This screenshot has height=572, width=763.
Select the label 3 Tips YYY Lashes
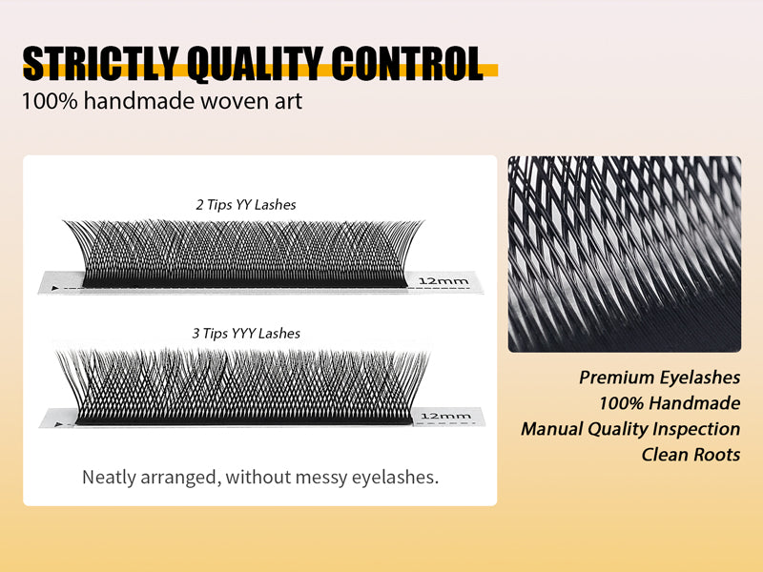[x=246, y=334]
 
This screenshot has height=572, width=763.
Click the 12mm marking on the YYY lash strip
[x=445, y=416]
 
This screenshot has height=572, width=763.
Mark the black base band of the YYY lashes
[x=238, y=417]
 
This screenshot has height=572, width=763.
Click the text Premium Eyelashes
[x=660, y=378]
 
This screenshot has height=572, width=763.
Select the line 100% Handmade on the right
[x=670, y=403]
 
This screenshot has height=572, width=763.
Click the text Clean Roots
[x=691, y=455]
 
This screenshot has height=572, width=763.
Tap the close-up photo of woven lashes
[x=624, y=254]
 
